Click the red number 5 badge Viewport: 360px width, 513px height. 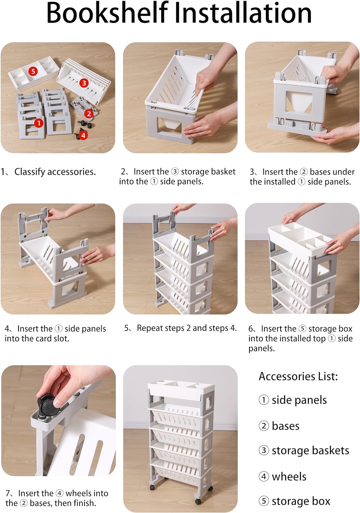pos(33,71)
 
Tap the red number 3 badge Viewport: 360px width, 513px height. pos(84,83)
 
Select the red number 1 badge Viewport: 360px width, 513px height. pos(39,123)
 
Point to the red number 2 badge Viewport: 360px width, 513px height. pos(89,114)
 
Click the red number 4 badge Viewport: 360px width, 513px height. pos(83,135)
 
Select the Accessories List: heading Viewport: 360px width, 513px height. pos(298,376)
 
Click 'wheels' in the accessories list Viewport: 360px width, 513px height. pos(289,477)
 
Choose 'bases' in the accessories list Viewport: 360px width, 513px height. pos(285,426)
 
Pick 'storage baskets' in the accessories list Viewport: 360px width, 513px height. pos(310,450)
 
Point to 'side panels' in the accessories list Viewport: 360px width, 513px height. pos(299,400)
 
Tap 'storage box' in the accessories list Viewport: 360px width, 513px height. pos(301,501)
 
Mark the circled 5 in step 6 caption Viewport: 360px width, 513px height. pos(303,329)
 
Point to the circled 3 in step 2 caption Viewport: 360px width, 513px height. pos(175,172)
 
